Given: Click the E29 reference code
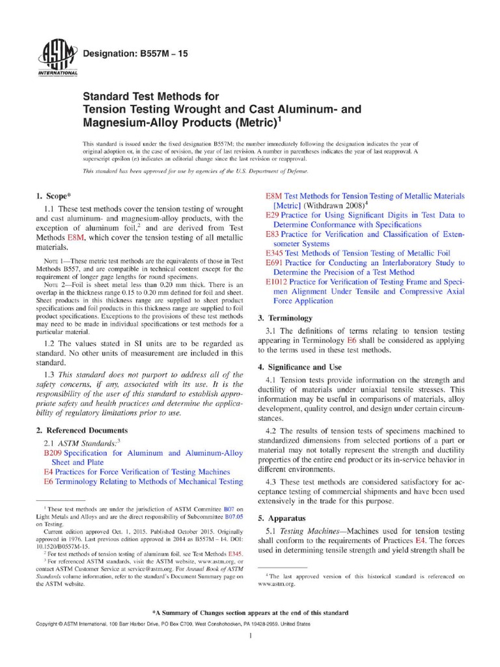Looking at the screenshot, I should (273, 214).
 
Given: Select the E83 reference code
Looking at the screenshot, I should (273, 234).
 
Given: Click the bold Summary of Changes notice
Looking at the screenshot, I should (250, 613).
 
